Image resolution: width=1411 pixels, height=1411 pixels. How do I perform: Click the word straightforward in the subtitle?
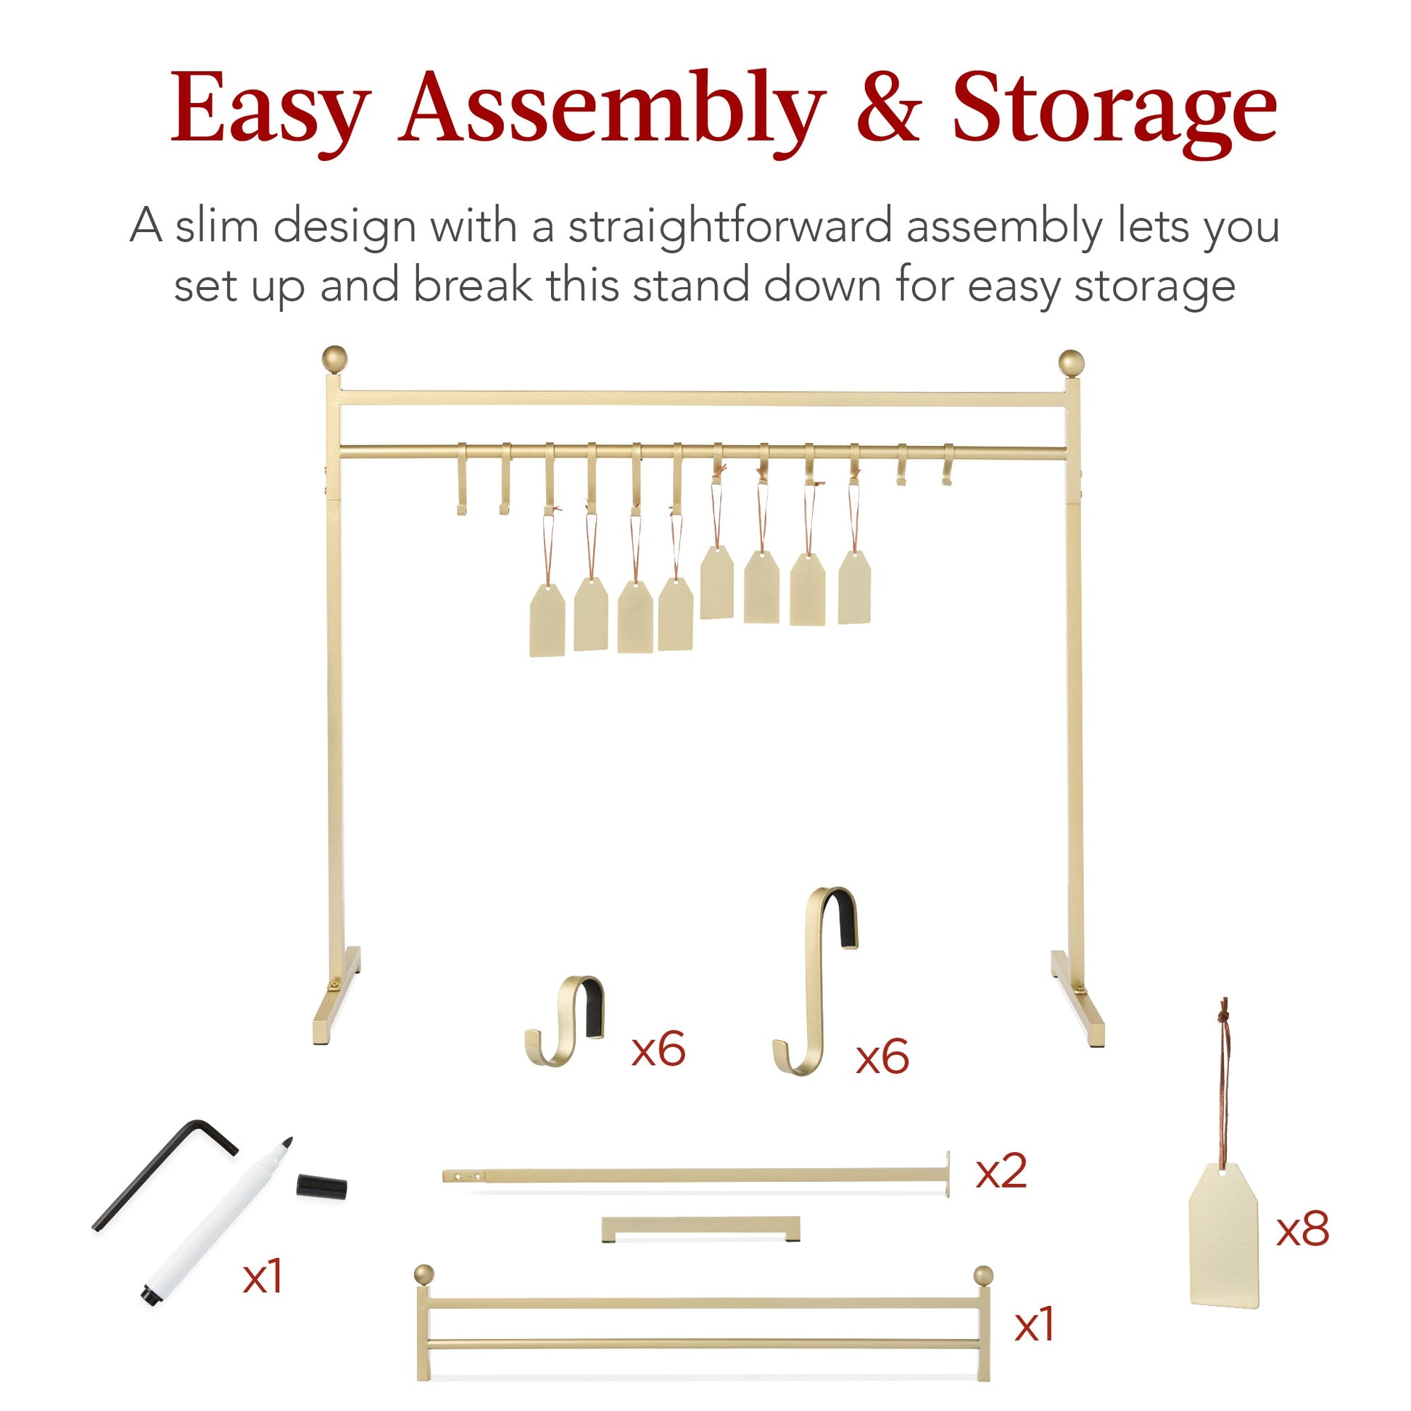pos(729,226)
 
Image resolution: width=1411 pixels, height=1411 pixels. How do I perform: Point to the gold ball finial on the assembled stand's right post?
pos(1072,363)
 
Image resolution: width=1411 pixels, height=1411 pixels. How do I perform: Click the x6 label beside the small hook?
pos(659,1049)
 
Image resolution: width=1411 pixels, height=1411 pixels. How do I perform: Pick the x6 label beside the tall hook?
pos(882,1056)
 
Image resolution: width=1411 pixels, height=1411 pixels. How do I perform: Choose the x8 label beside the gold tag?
pos(1303,1229)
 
